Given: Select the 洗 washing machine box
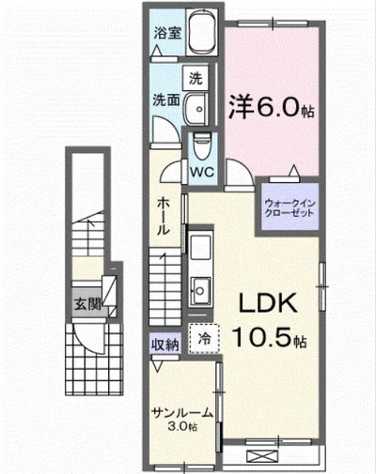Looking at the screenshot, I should [x=195, y=77].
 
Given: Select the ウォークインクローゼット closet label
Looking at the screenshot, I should [x=290, y=206].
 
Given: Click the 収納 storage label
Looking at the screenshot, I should [x=164, y=344].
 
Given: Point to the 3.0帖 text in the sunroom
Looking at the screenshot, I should [x=183, y=429].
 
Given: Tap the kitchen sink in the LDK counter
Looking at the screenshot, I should [x=200, y=286].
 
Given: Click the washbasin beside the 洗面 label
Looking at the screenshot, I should [x=196, y=113].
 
